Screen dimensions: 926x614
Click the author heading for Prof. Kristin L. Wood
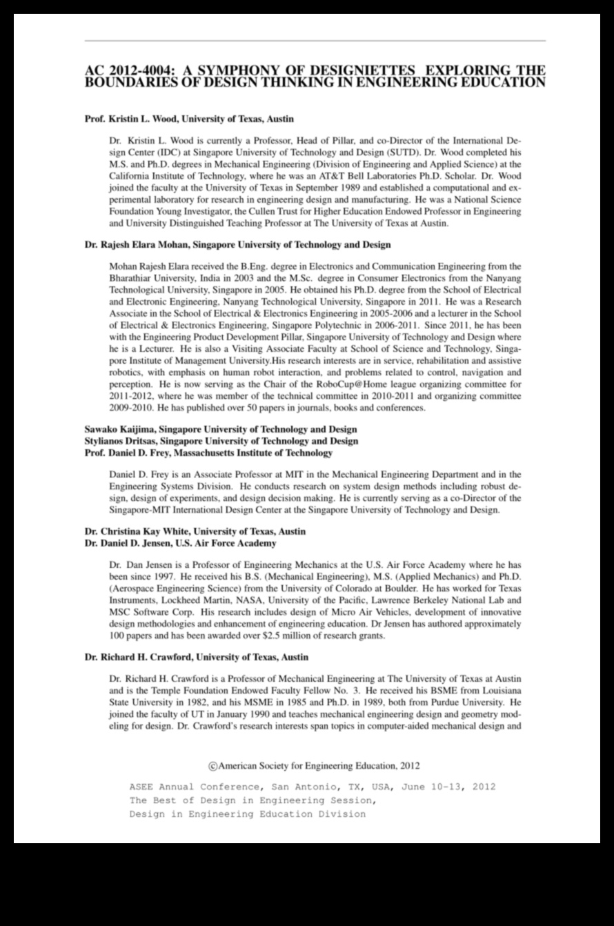189,119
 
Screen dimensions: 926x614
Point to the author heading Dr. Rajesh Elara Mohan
237,244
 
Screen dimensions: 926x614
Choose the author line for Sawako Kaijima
221,429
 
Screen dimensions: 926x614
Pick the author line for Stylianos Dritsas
221,441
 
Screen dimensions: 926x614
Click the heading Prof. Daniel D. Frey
208,453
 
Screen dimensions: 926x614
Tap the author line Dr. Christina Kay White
195,531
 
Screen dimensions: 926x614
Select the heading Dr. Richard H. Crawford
196,657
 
